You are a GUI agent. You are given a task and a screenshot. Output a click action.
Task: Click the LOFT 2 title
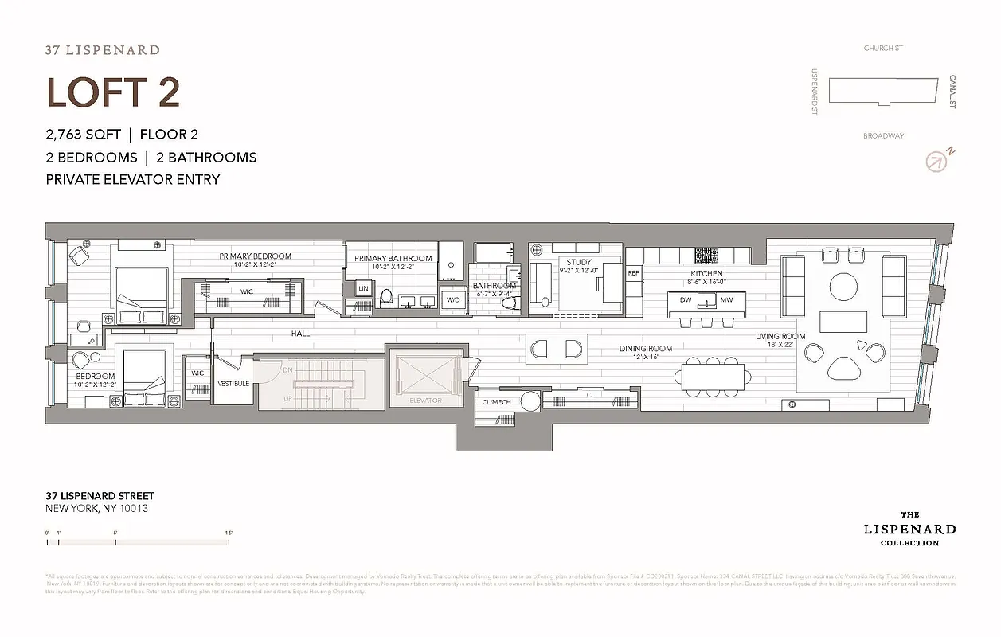point(113,92)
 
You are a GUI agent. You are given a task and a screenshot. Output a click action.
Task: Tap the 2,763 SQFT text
point(83,135)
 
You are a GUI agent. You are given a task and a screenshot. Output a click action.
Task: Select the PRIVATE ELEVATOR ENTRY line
point(133,179)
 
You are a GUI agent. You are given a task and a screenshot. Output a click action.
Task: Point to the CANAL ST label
point(952,92)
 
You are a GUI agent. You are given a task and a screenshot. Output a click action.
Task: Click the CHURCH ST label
point(883,49)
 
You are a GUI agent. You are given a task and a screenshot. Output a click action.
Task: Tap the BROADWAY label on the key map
point(883,136)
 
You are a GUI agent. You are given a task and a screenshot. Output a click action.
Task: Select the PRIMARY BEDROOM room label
point(256,256)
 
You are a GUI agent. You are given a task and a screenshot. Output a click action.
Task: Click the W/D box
point(453,300)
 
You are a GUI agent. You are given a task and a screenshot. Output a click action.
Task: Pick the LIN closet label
point(363,288)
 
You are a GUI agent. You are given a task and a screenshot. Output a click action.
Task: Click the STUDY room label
point(579,262)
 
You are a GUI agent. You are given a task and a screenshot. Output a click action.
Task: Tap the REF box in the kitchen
point(634,273)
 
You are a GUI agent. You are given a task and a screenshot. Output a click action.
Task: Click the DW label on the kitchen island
point(684,300)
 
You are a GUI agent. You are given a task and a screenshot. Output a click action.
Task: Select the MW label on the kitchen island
point(726,300)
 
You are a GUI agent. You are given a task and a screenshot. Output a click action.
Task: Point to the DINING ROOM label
point(646,349)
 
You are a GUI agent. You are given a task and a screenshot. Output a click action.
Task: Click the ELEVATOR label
point(425,401)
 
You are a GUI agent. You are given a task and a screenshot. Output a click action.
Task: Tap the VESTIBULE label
point(233,384)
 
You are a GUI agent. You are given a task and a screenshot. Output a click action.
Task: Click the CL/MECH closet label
point(497,402)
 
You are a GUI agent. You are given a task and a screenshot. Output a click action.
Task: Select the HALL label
point(300,334)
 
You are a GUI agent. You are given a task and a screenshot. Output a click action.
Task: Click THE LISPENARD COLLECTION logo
point(909,529)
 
